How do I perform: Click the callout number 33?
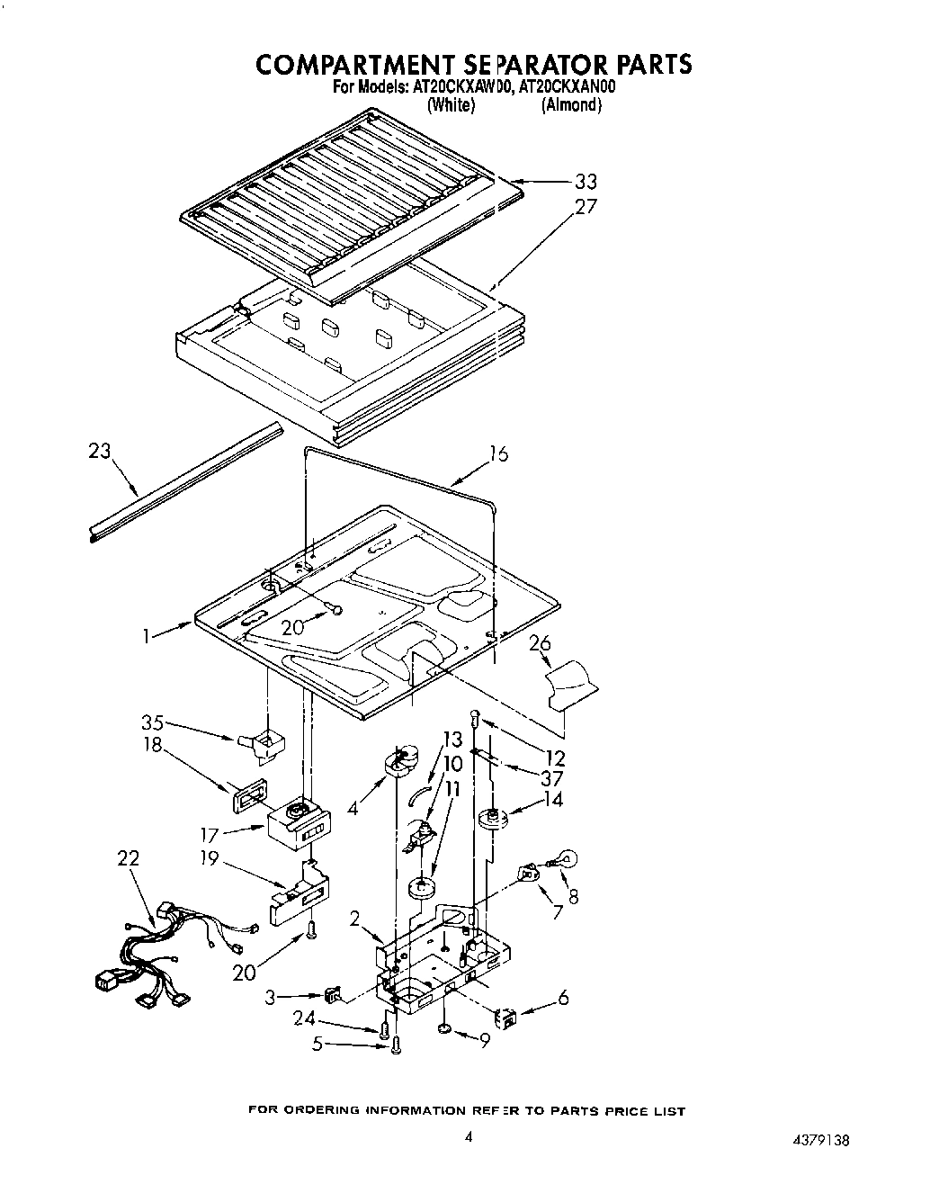[x=586, y=181]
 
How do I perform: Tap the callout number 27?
[x=586, y=206]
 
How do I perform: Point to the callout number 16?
[x=497, y=453]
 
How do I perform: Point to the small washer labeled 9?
[x=445, y=1028]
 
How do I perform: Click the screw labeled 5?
[x=397, y=1045]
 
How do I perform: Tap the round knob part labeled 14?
[x=492, y=818]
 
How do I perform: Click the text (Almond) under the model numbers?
[x=570, y=105]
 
